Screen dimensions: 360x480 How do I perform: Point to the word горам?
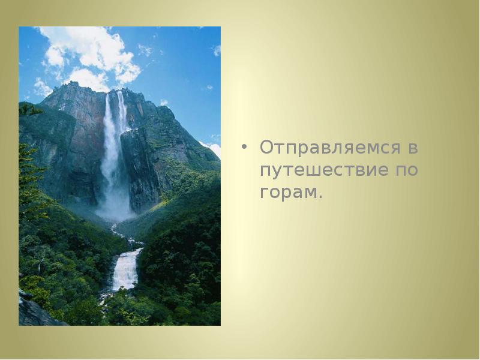click(288, 193)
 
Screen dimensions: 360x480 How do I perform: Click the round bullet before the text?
click(244, 148)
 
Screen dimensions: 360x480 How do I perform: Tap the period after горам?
click(320, 197)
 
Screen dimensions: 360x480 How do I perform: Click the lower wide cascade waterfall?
click(126, 270)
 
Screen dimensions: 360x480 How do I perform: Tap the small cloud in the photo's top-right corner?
click(216, 50)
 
